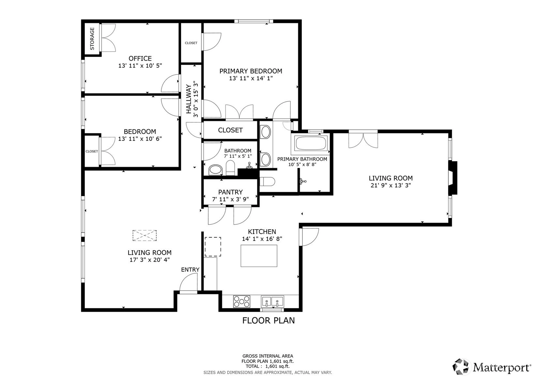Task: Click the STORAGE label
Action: tap(92, 38)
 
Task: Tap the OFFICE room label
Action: tap(140, 58)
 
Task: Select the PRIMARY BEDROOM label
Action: tap(251, 71)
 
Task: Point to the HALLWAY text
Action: tap(189, 99)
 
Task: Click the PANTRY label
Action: tap(231, 192)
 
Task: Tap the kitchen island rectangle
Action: tap(259, 256)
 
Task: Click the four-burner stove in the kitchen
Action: tap(242, 301)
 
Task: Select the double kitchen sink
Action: tap(272, 301)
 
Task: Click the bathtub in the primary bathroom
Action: tap(310, 144)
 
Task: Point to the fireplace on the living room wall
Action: tap(453, 178)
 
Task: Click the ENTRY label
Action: tap(190, 270)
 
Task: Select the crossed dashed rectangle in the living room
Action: tap(144, 236)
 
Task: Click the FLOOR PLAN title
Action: tap(269, 321)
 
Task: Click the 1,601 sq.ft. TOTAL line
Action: tap(268, 366)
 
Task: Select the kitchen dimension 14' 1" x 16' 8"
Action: tap(262, 239)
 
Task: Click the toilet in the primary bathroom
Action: tap(267, 181)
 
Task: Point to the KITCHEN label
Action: tap(262, 232)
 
